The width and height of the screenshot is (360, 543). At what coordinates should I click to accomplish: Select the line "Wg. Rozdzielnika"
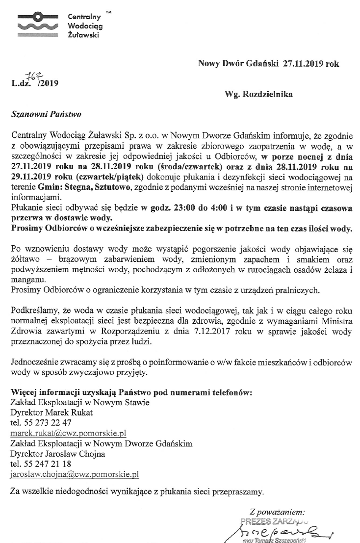point(259,94)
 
